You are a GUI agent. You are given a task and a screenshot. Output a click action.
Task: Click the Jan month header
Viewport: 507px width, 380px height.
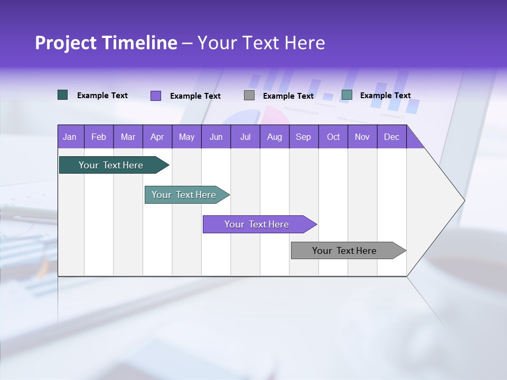(70, 137)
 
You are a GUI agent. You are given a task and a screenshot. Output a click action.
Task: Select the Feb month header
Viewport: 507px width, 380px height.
(99, 137)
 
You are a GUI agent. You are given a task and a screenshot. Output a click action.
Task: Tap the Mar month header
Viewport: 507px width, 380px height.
(128, 137)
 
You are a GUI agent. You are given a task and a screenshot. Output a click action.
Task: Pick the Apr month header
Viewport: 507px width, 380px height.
(157, 137)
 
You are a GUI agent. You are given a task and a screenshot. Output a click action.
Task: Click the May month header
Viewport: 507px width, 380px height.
(186, 137)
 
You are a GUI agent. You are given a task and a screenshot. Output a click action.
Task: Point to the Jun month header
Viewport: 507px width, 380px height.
(216, 137)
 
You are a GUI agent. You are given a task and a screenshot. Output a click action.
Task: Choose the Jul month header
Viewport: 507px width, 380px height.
(245, 137)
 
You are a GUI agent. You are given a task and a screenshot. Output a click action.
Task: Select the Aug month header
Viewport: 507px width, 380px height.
(275, 137)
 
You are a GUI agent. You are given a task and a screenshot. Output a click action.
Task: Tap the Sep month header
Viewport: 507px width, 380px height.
(304, 137)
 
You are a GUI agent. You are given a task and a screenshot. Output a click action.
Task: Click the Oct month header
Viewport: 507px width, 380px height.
(333, 137)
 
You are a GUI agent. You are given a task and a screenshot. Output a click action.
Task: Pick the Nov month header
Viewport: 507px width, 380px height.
(362, 137)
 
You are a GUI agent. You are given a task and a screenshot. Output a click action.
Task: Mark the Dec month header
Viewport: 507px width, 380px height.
(392, 137)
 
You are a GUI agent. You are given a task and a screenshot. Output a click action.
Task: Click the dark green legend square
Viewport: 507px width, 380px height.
(63, 95)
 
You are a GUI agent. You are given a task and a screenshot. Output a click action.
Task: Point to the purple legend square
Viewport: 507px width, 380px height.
(156, 96)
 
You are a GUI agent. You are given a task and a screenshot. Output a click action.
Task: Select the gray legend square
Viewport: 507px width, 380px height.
(249, 95)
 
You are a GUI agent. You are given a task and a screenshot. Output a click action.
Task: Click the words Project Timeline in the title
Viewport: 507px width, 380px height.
(106, 43)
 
